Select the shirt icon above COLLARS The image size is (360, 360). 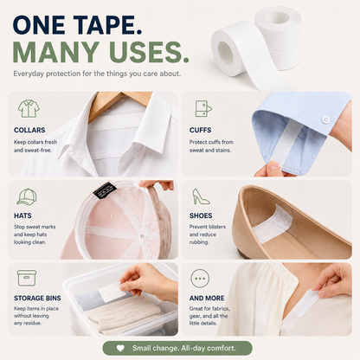coord(29,108)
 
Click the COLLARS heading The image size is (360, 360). coord(29,130)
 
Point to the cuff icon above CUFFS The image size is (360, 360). coord(203,108)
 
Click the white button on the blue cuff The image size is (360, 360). coord(326,119)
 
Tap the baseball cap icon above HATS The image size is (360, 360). coord(27,196)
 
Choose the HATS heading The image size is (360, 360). coord(22,215)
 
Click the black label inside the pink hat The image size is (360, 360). coord(105,190)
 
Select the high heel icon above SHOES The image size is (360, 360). coord(201,196)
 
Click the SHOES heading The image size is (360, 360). coord(201,215)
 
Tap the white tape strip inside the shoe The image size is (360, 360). coord(272,224)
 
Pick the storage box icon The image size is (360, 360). coord(27,278)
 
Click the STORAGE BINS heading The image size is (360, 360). coord(37,298)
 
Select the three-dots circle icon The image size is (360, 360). coord(200,279)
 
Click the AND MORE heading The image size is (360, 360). coord(207,298)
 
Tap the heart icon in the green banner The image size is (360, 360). coord(120,348)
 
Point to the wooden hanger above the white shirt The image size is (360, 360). coord(121,101)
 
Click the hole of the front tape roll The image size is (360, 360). coord(225,53)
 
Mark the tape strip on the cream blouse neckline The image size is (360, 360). coord(305,304)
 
